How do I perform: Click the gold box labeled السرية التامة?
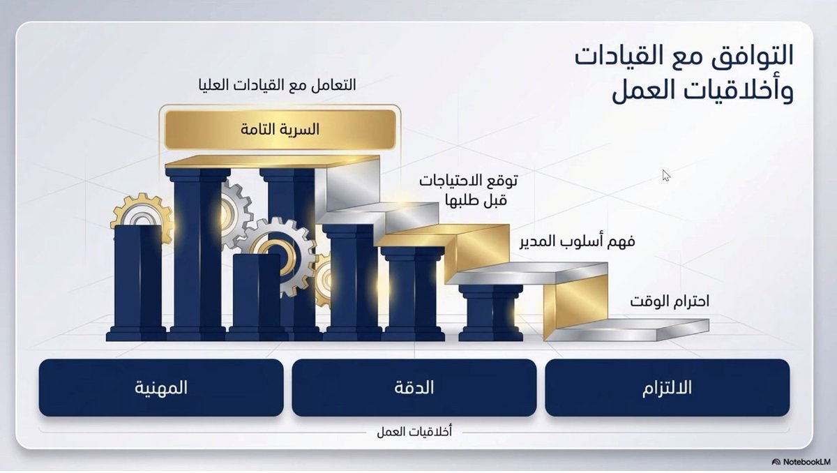280,129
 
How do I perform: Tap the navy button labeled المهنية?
161,388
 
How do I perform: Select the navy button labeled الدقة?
414,388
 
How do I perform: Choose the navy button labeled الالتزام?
667,388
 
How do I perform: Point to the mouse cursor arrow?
665,175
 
